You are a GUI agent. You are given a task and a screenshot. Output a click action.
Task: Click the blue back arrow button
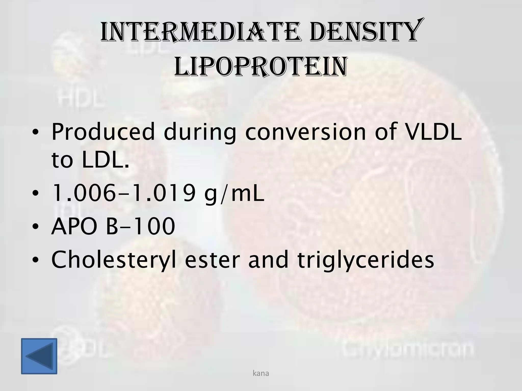click(39, 356)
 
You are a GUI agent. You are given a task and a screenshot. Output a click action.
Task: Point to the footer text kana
click(261, 373)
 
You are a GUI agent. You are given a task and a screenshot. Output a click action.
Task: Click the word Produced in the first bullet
click(103, 132)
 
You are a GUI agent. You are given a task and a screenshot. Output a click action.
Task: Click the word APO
click(74, 226)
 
